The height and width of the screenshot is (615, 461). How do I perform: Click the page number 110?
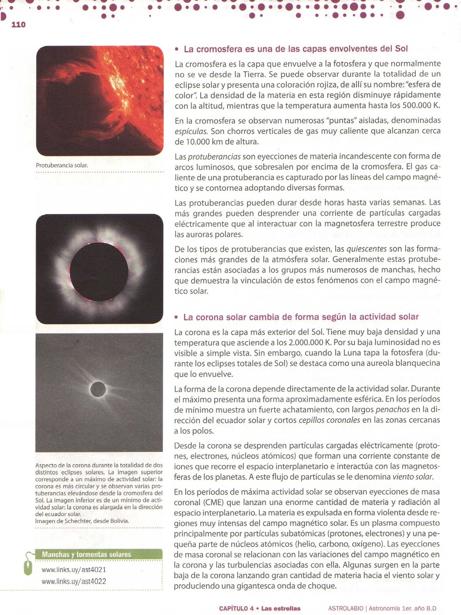[x=18, y=25]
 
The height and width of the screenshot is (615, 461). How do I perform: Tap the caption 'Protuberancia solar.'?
[x=62, y=165]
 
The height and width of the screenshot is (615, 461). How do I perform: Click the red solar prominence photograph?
[x=100, y=101]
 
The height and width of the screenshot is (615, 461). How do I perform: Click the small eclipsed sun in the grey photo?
[x=98, y=389]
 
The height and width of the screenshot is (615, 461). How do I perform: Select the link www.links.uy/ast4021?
[x=74, y=570]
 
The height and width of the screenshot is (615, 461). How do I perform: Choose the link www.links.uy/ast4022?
[x=74, y=582]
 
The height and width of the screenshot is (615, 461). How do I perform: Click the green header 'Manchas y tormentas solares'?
[x=87, y=554]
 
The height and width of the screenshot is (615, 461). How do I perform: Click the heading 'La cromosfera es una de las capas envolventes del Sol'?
[x=295, y=49]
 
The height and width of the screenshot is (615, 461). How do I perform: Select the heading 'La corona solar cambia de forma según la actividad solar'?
[x=301, y=317]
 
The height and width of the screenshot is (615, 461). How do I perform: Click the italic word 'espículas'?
[x=191, y=131]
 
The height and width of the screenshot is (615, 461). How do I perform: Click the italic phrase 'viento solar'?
[x=413, y=477]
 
